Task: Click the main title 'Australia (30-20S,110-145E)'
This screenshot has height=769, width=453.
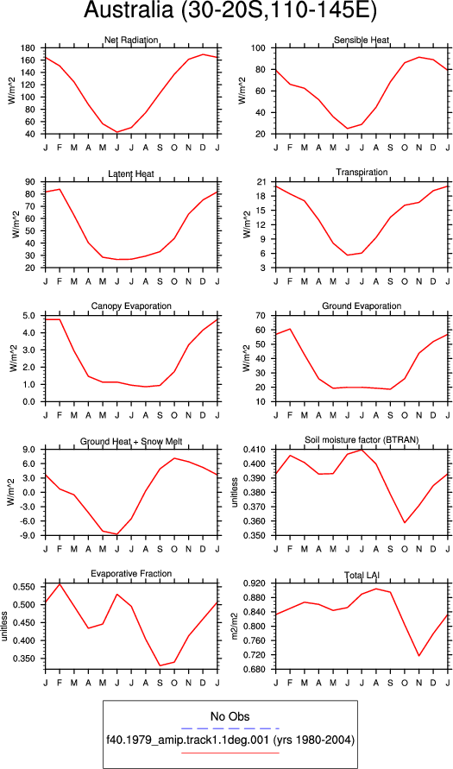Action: pos(230,12)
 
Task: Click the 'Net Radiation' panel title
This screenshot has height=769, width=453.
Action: pos(131,40)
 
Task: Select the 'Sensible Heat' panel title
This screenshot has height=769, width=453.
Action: pos(362,40)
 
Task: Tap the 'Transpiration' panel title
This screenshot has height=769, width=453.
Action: pos(362,172)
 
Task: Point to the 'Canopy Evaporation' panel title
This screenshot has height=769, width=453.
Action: pos(131,306)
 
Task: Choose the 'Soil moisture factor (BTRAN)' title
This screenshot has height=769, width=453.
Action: pos(362,440)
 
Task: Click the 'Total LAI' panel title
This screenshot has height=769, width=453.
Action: pos(362,573)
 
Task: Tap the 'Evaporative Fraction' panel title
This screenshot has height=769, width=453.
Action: pos(131,573)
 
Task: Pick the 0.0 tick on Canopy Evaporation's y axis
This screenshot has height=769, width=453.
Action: pos(28,401)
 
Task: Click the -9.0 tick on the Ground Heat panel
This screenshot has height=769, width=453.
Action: pos(27,536)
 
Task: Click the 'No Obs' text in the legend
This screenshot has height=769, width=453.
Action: pos(230,716)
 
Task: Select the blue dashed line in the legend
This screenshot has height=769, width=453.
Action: pos(230,728)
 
